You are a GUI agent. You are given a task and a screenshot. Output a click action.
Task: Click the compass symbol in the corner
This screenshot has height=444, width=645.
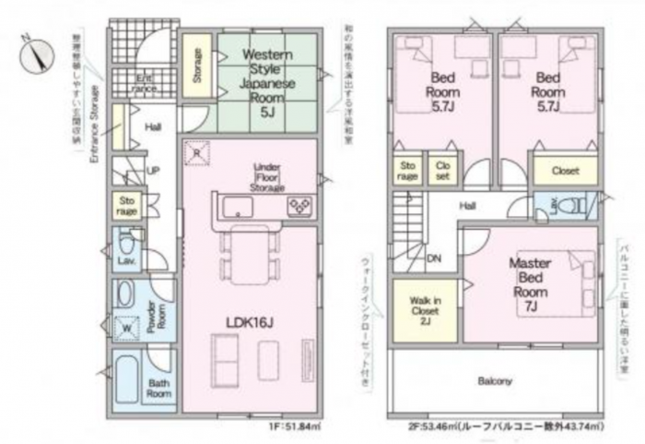pyautogui.click(x=35, y=53)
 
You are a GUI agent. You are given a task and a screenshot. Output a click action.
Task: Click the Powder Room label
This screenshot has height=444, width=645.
pyautogui.click(x=157, y=316)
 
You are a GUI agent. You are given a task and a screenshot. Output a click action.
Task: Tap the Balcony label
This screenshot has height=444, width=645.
pyautogui.click(x=495, y=380)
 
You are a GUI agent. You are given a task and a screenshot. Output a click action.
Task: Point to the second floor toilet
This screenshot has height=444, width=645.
pyautogui.click(x=567, y=206)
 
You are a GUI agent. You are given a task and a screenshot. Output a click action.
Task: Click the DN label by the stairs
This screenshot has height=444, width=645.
pyautogui.click(x=433, y=258)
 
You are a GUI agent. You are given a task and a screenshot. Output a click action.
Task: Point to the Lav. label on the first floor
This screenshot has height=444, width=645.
pyautogui.click(x=126, y=261)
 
